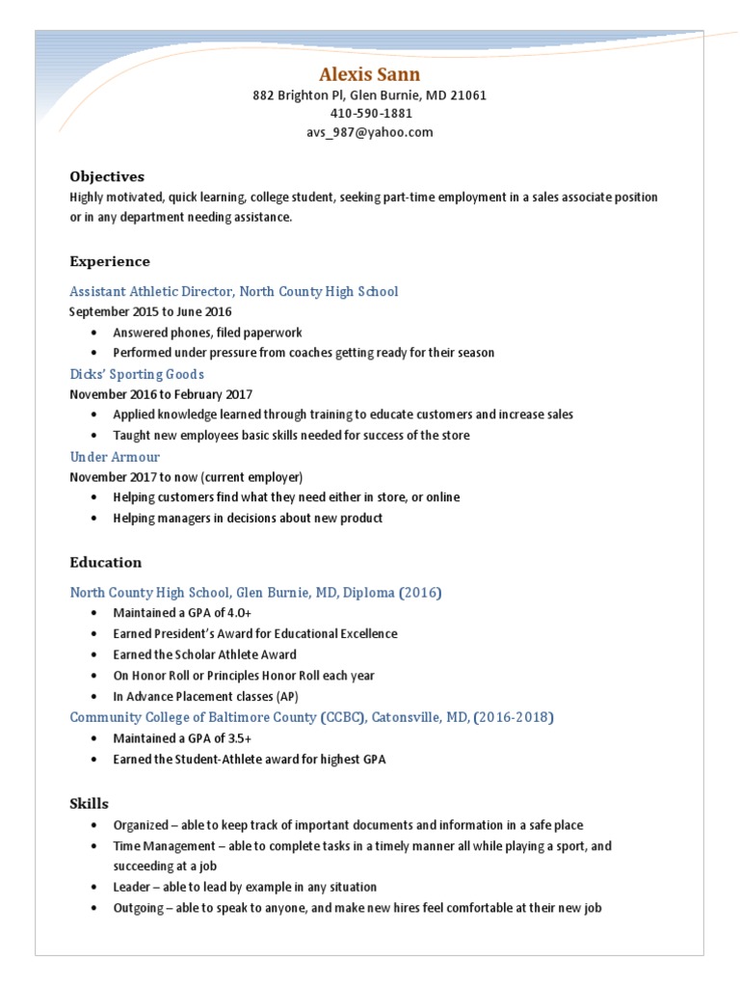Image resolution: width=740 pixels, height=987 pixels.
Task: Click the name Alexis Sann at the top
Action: pos(369,74)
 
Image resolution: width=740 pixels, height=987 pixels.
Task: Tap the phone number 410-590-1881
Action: pos(369,114)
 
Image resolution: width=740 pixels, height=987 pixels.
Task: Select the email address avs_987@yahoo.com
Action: pos(369,132)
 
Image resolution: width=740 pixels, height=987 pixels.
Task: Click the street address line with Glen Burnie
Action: pos(369,95)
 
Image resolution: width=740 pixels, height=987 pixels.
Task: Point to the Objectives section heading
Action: pos(107,176)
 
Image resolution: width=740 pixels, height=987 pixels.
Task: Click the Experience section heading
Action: pos(110,261)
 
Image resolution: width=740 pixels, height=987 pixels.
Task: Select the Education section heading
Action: pos(106,562)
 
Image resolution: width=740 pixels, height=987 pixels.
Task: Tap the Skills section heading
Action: pos(90,803)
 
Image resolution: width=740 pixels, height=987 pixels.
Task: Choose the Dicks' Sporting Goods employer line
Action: pos(137,374)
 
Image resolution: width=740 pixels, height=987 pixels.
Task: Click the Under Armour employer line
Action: pos(115,457)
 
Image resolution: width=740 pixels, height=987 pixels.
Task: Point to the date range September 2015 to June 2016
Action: pos(150,311)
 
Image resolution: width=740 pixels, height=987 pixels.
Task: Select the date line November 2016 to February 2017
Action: pos(160,394)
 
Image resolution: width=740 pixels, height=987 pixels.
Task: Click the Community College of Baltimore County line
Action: pos(311,717)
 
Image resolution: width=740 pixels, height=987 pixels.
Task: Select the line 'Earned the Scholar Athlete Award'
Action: pos(204,654)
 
